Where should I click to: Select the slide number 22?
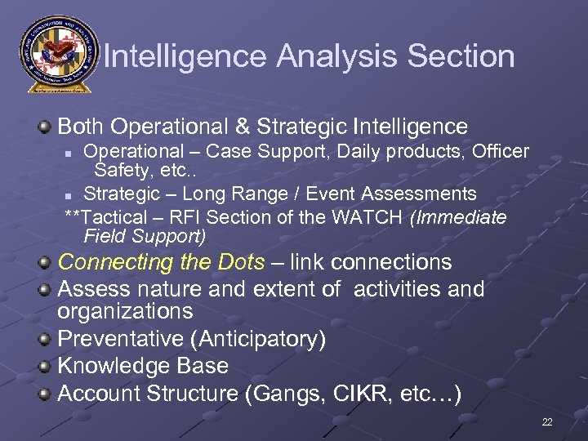pyautogui.click(x=546, y=422)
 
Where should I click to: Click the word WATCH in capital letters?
pyautogui.click(x=373, y=218)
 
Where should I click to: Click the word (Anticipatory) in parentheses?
pyautogui.click(x=262, y=339)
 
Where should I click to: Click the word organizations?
pyautogui.click(x=125, y=311)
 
